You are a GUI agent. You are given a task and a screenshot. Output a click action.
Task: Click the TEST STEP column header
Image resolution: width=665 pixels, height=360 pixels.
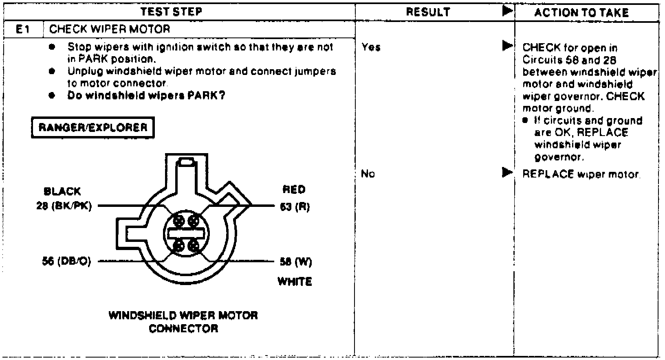point(171,12)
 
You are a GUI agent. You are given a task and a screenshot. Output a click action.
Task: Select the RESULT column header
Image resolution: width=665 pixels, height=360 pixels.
point(428,12)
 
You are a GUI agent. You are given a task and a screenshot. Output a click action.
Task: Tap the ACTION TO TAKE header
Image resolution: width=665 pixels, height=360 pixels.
point(581,13)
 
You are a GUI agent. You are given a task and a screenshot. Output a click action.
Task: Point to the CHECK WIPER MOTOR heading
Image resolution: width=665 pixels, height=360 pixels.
point(110,29)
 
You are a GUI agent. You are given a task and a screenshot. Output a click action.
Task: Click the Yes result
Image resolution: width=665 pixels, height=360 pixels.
point(371,48)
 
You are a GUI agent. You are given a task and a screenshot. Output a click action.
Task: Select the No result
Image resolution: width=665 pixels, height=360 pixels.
point(368,174)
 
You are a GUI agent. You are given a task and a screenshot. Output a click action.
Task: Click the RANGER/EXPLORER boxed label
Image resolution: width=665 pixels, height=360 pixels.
point(93,127)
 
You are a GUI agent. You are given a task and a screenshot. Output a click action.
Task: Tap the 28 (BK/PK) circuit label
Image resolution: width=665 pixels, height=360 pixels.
point(64,206)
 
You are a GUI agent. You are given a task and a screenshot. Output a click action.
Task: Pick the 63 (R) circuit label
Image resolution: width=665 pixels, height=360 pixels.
point(295,207)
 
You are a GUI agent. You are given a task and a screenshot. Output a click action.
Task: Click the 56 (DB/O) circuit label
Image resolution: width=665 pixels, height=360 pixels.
point(66,261)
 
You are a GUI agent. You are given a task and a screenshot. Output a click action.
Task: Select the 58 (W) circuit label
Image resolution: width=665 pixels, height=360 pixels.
point(295,262)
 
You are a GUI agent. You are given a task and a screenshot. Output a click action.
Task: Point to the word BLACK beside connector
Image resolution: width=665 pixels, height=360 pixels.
point(62,191)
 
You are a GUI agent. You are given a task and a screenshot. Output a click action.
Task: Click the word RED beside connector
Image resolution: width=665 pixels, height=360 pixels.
point(293,189)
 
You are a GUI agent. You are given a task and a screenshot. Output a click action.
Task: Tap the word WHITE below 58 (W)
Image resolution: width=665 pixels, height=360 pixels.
point(295,281)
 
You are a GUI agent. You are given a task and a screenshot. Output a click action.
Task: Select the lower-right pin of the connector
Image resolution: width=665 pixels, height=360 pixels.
point(194,246)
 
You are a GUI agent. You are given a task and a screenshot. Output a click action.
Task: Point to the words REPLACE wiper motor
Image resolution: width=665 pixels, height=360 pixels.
point(581,174)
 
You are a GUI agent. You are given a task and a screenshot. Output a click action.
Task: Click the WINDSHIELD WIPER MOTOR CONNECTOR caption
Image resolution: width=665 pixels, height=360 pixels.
point(183,322)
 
